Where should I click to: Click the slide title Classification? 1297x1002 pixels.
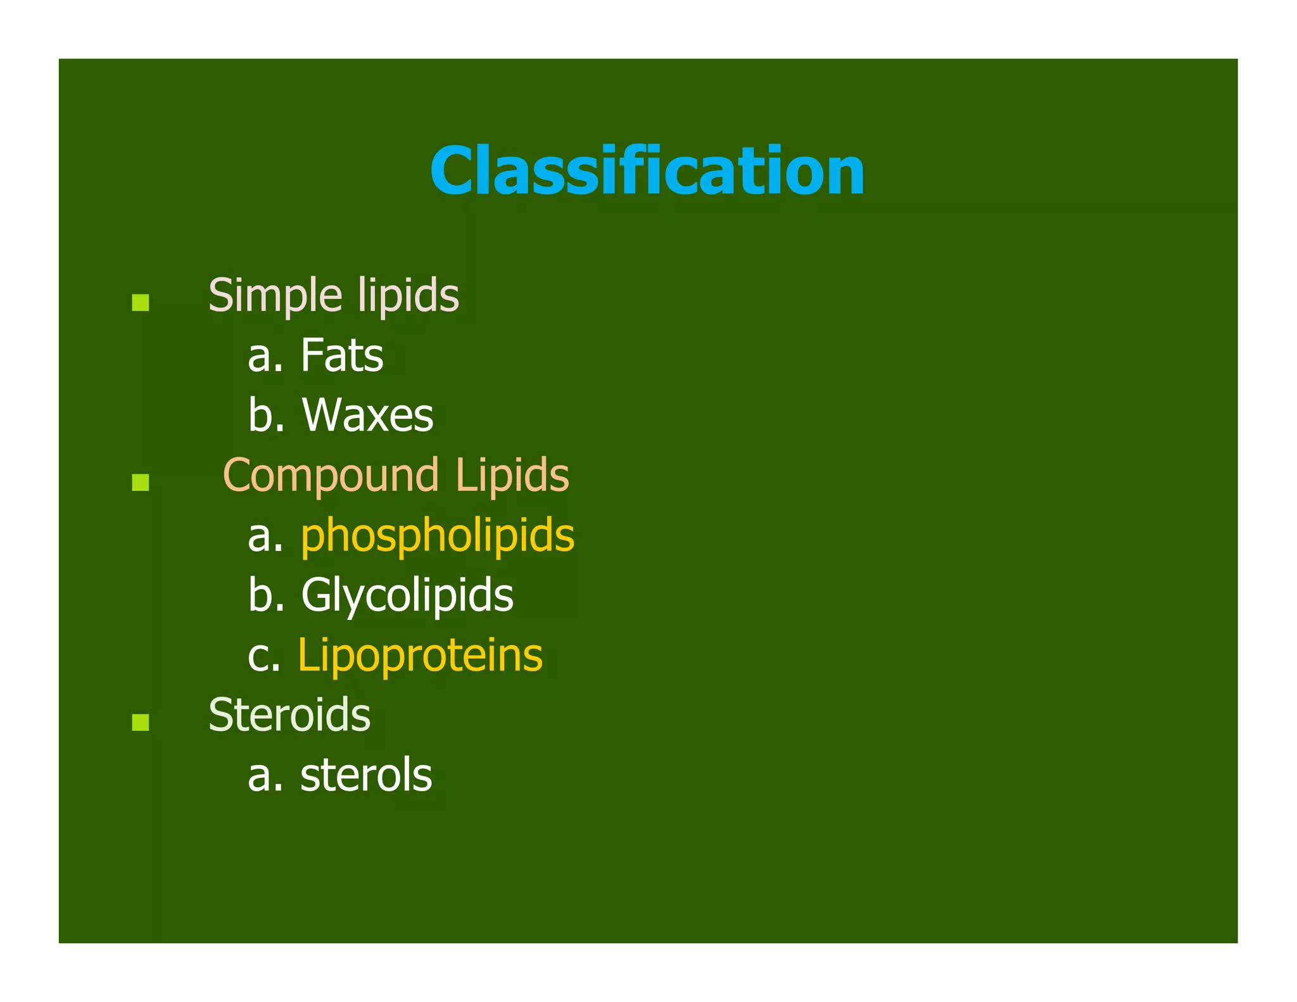point(647,171)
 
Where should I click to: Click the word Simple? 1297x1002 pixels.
point(275,296)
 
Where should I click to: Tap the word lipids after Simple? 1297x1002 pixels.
point(408,296)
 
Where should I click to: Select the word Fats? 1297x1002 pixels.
point(342,355)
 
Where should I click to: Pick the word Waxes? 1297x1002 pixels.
point(368,415)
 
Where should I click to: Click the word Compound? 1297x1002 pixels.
point(331,475)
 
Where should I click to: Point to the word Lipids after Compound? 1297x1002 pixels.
point(512,475)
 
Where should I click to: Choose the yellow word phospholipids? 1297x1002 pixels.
point(438,536)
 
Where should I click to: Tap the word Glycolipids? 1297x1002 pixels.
point(407,595)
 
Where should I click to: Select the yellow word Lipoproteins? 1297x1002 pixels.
point(420,655)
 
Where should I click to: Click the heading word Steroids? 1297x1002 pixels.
point(289,715)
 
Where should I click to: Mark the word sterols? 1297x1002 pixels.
point(366,775)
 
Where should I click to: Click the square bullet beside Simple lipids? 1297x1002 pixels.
point(141,302)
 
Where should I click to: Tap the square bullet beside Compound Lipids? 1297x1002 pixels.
point(141,483)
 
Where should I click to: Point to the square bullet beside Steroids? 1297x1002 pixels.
point(141,722)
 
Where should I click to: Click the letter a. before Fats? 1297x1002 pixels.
point(265,357)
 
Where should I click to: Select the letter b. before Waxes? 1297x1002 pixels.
point(265,415)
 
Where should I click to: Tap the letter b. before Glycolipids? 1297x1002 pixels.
point(265,595)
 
